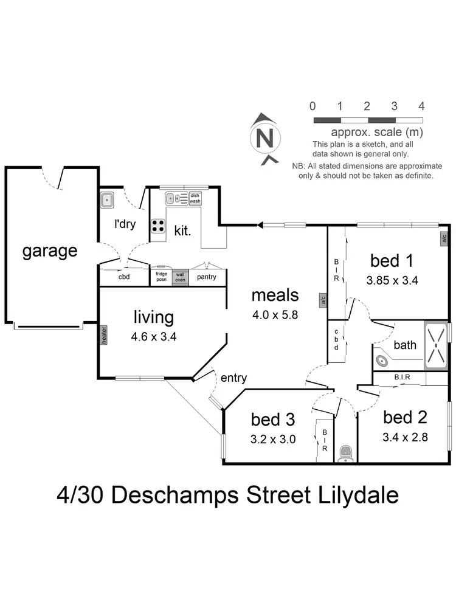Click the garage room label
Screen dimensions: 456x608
click(50, 250)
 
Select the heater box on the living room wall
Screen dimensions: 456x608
click(103, 335)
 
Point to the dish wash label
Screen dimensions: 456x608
click(195, 198)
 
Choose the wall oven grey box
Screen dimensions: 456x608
click(180, 277)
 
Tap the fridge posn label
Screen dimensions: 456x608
click(161, 277)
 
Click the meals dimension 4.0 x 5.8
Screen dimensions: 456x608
click(275, 316)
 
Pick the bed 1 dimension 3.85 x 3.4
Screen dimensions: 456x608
click(392, 281)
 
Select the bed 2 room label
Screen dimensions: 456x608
click(405, 418)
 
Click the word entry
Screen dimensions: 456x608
click(233, 378)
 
